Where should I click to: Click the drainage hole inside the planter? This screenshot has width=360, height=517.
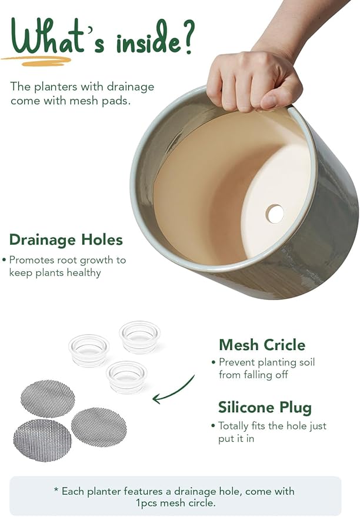point(275,214)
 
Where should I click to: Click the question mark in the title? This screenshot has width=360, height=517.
point(188,37)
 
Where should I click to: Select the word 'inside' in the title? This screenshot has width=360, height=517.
point(148,41)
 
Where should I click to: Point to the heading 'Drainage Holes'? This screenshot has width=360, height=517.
point(66,240)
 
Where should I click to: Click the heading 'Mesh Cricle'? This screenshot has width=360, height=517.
point(262,345)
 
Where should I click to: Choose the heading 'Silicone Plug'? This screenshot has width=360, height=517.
point(265,408)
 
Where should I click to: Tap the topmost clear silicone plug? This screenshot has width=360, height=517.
point(140,337)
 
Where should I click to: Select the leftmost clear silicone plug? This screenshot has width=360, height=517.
point(89,350)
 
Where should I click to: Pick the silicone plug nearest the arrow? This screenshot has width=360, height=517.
point(126,377)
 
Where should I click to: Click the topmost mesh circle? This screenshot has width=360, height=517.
point(48,399)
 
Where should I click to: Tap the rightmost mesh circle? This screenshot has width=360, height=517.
point(99,427)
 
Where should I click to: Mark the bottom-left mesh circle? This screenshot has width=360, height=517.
point(42,440)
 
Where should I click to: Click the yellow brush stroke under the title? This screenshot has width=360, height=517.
point(36,61)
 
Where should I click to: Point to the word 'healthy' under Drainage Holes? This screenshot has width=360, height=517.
point(84,273)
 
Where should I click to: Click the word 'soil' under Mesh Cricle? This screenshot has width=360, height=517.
point(307,362)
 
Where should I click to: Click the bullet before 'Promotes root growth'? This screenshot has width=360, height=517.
point(4,260)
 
